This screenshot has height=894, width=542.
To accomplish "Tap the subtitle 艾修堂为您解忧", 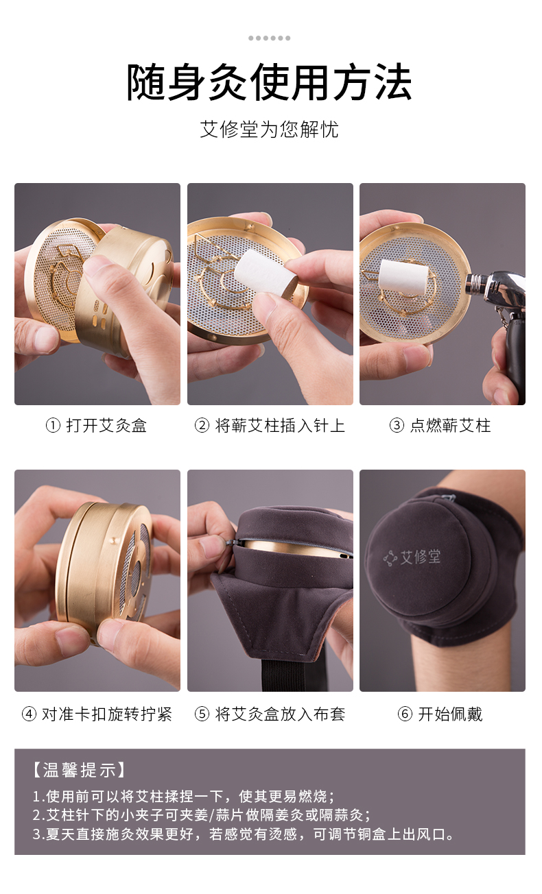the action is (x=269, y=130).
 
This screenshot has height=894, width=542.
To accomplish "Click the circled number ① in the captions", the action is (x=53, y=426).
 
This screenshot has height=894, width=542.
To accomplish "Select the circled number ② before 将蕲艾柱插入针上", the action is (x=202, y=426).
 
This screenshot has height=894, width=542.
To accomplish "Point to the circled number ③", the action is (x=397, y=426).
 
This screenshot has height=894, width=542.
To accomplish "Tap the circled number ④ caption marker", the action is (x=29, y=714).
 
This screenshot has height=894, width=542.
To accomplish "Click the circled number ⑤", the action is (x=202, y=714).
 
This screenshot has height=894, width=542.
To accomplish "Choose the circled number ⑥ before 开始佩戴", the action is (x=405, y=714).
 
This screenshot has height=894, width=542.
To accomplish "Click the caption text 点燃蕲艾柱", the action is (x=451, y=426).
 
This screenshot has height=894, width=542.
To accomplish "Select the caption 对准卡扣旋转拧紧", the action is (x=107, y=714).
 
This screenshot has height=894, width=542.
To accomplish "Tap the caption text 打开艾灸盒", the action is (x=106, y=426).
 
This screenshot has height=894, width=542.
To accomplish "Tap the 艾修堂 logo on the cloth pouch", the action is (x=412, y=557).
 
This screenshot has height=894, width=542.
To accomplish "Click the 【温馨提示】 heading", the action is (x=79, y=771).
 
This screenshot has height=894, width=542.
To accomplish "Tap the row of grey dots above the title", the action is (x=269, y=38).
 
